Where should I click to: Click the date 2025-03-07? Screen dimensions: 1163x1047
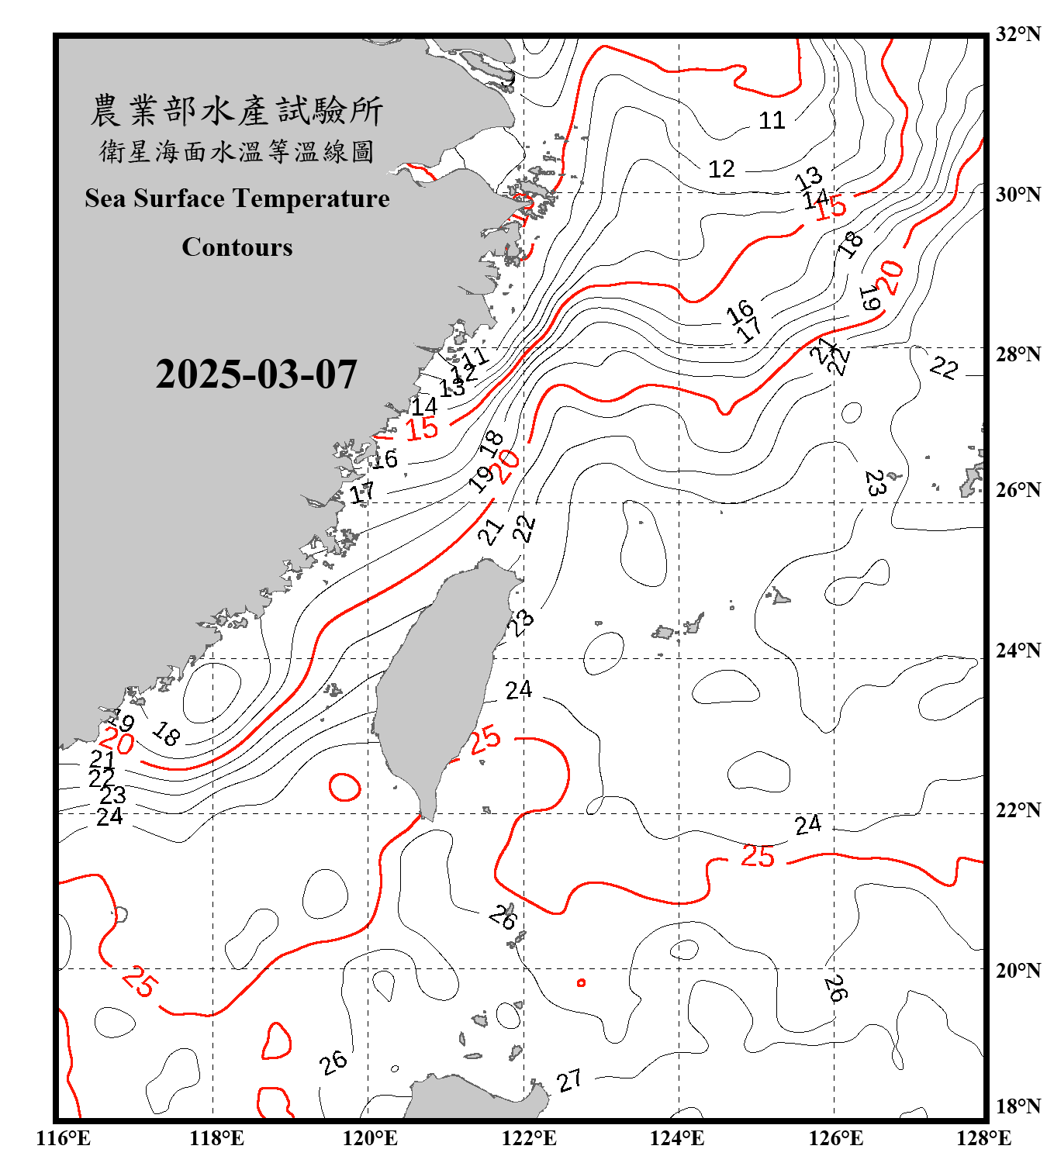256,374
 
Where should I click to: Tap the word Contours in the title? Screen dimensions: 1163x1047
237,247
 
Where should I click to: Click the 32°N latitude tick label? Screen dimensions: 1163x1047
1018,34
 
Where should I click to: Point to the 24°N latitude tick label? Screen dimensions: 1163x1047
1018,651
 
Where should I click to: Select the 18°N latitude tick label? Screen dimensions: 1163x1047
1018,1106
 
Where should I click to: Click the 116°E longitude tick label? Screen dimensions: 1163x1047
64,1138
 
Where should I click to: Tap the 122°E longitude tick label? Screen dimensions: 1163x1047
529,1138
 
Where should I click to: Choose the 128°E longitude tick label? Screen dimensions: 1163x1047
983,1138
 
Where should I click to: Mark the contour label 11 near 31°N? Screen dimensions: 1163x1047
772,121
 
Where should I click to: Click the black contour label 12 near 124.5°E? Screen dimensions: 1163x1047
721,169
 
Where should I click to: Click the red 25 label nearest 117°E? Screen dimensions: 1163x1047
140,981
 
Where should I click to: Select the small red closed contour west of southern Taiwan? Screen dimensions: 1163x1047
344,788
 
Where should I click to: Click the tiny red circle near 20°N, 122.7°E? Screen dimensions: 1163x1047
581,983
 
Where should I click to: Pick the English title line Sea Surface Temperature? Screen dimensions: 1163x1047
237,198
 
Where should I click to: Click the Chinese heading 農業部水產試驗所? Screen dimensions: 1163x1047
237,111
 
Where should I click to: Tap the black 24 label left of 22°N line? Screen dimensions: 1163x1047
109,817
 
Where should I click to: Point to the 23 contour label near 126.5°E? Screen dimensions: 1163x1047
875,483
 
